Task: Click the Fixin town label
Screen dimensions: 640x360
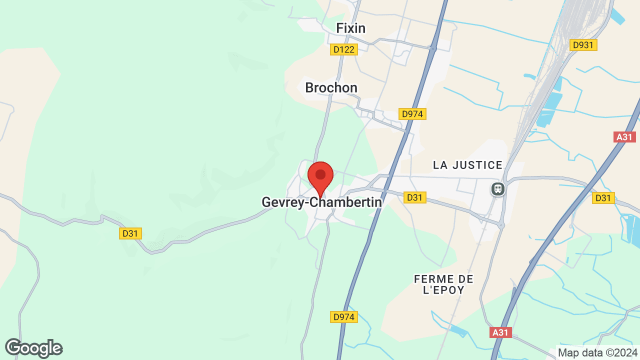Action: (350, 28)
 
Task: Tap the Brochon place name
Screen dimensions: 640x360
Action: (331, 88)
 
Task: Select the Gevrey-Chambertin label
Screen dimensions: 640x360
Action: (321, 202)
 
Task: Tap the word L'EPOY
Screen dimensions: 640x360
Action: (443, 290)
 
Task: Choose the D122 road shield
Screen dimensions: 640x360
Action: (344, 49)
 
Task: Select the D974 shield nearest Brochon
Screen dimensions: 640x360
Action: (412, 114)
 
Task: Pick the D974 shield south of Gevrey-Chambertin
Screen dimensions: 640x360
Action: (344, 316)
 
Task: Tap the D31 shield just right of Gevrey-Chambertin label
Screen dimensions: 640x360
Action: (414, 197)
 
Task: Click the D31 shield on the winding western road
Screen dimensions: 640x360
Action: (130, 233)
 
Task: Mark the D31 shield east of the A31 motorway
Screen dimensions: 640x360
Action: (603, 198)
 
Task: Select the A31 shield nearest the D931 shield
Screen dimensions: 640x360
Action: (625, 137)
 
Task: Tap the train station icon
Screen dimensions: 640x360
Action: (497, 188)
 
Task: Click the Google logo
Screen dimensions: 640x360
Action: (33, 348)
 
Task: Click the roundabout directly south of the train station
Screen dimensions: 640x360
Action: (501, 225)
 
